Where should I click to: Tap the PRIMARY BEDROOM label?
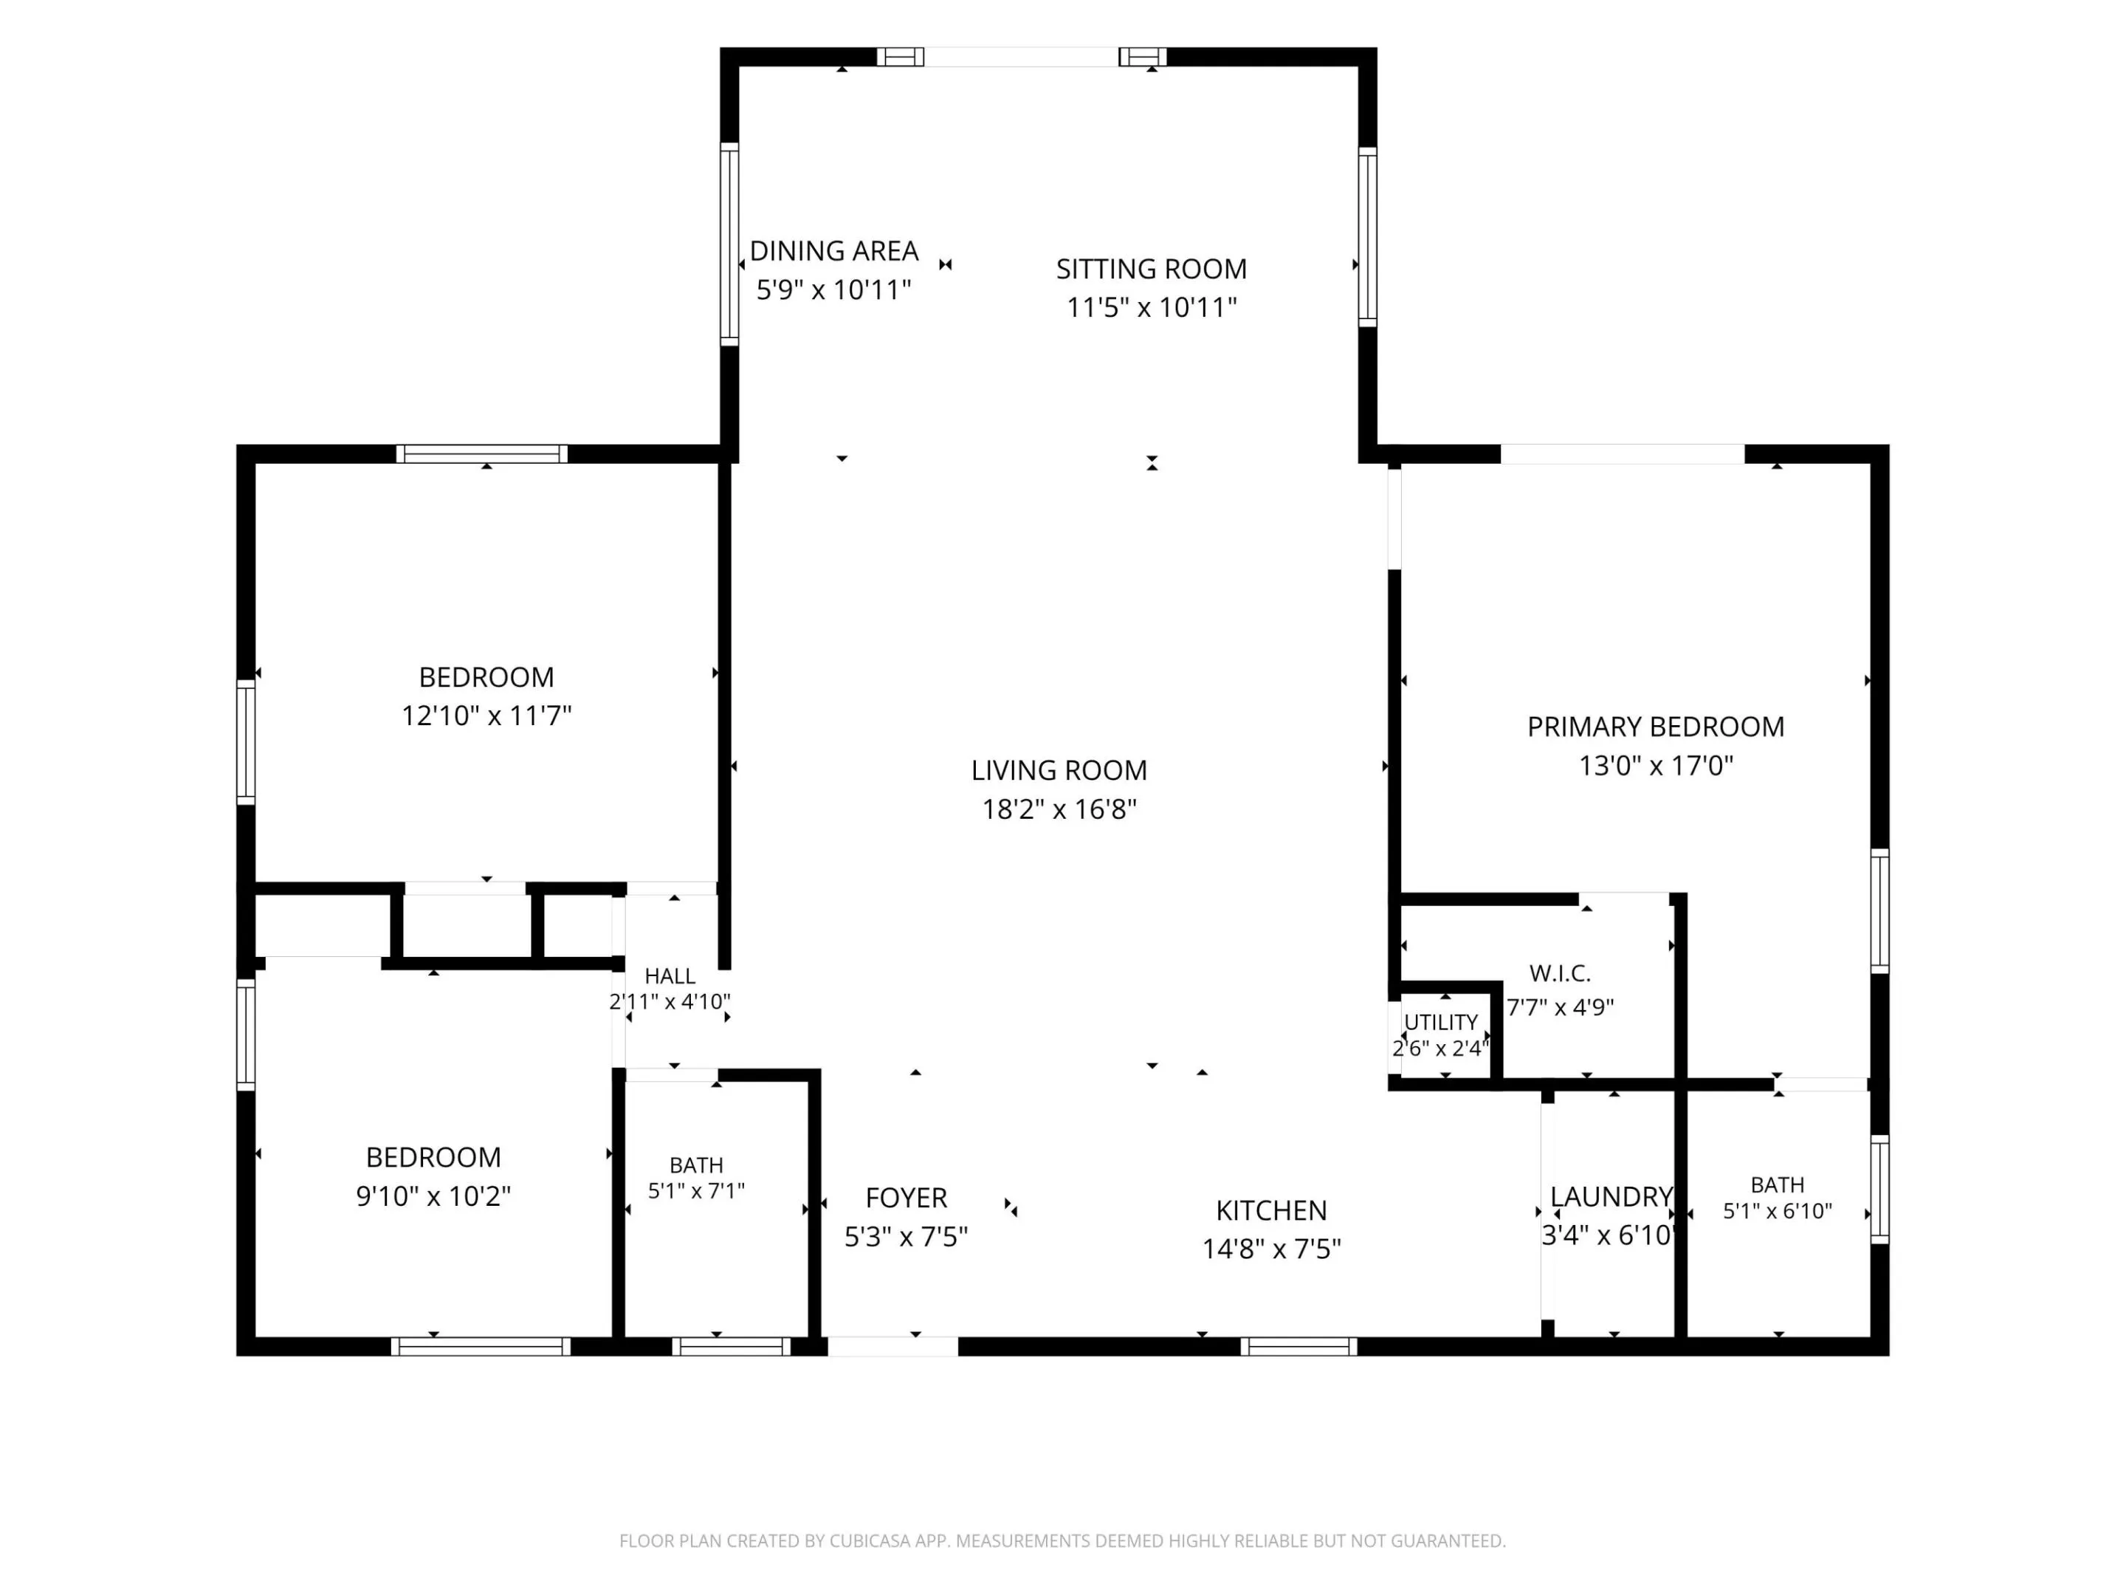pos(1655,727)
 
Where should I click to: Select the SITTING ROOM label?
pos(1152,270)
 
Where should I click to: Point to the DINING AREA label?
pos(833,251)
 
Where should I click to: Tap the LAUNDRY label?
pos(1611,1197)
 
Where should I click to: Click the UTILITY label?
pos(1441,1022)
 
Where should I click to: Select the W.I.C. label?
pos(1560,974)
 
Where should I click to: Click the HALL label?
pos(670,977)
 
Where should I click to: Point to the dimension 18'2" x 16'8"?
pos(1059,809)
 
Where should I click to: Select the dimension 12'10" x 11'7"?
pos(486,716)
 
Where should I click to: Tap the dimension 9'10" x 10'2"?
pos(433,1196)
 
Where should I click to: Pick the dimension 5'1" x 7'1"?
pos(696,1191)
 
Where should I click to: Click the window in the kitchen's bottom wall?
pos(1298,1347)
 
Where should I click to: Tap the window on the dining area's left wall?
pos(729,244)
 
